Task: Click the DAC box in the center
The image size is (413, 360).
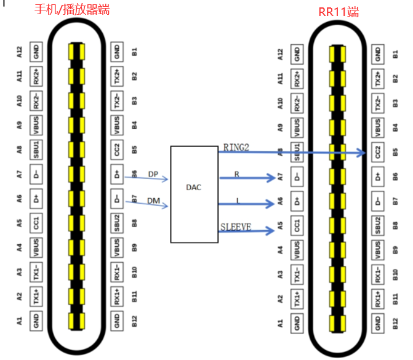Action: [193, 194]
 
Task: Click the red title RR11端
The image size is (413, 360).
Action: [338, 12]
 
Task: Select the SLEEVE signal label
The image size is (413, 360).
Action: [236, 227]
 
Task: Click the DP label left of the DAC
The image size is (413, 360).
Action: [153, 174]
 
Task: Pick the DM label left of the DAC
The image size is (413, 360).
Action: [153, 201]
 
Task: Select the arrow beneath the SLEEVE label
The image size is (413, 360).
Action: [246, 231]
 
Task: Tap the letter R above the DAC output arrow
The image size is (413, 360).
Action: [236, 174]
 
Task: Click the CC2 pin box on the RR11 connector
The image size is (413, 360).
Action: [377, 152]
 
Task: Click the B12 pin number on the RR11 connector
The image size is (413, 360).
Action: [395, 321]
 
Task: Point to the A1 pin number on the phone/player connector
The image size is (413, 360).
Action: [20, 320]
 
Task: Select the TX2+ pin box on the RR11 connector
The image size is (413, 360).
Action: [377, 78]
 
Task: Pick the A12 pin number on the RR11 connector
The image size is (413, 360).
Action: [281, 54]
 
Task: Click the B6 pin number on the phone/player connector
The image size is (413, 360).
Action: [134, 175]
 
